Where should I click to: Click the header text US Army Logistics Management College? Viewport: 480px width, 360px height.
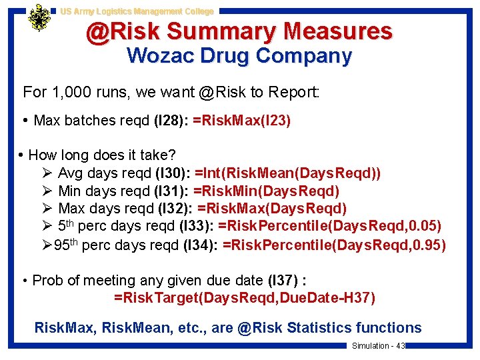pos(137,11)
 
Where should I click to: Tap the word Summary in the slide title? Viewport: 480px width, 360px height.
pos(221,31)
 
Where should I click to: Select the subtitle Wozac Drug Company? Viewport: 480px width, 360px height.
pos(239,55)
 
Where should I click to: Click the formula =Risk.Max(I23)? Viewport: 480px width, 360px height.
pos(241,121)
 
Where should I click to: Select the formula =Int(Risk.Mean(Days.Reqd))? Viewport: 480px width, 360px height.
pos(287,173)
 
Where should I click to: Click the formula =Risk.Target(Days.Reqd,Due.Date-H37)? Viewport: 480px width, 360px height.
pos(245,297)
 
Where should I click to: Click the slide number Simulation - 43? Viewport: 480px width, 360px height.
pos(378,346)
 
